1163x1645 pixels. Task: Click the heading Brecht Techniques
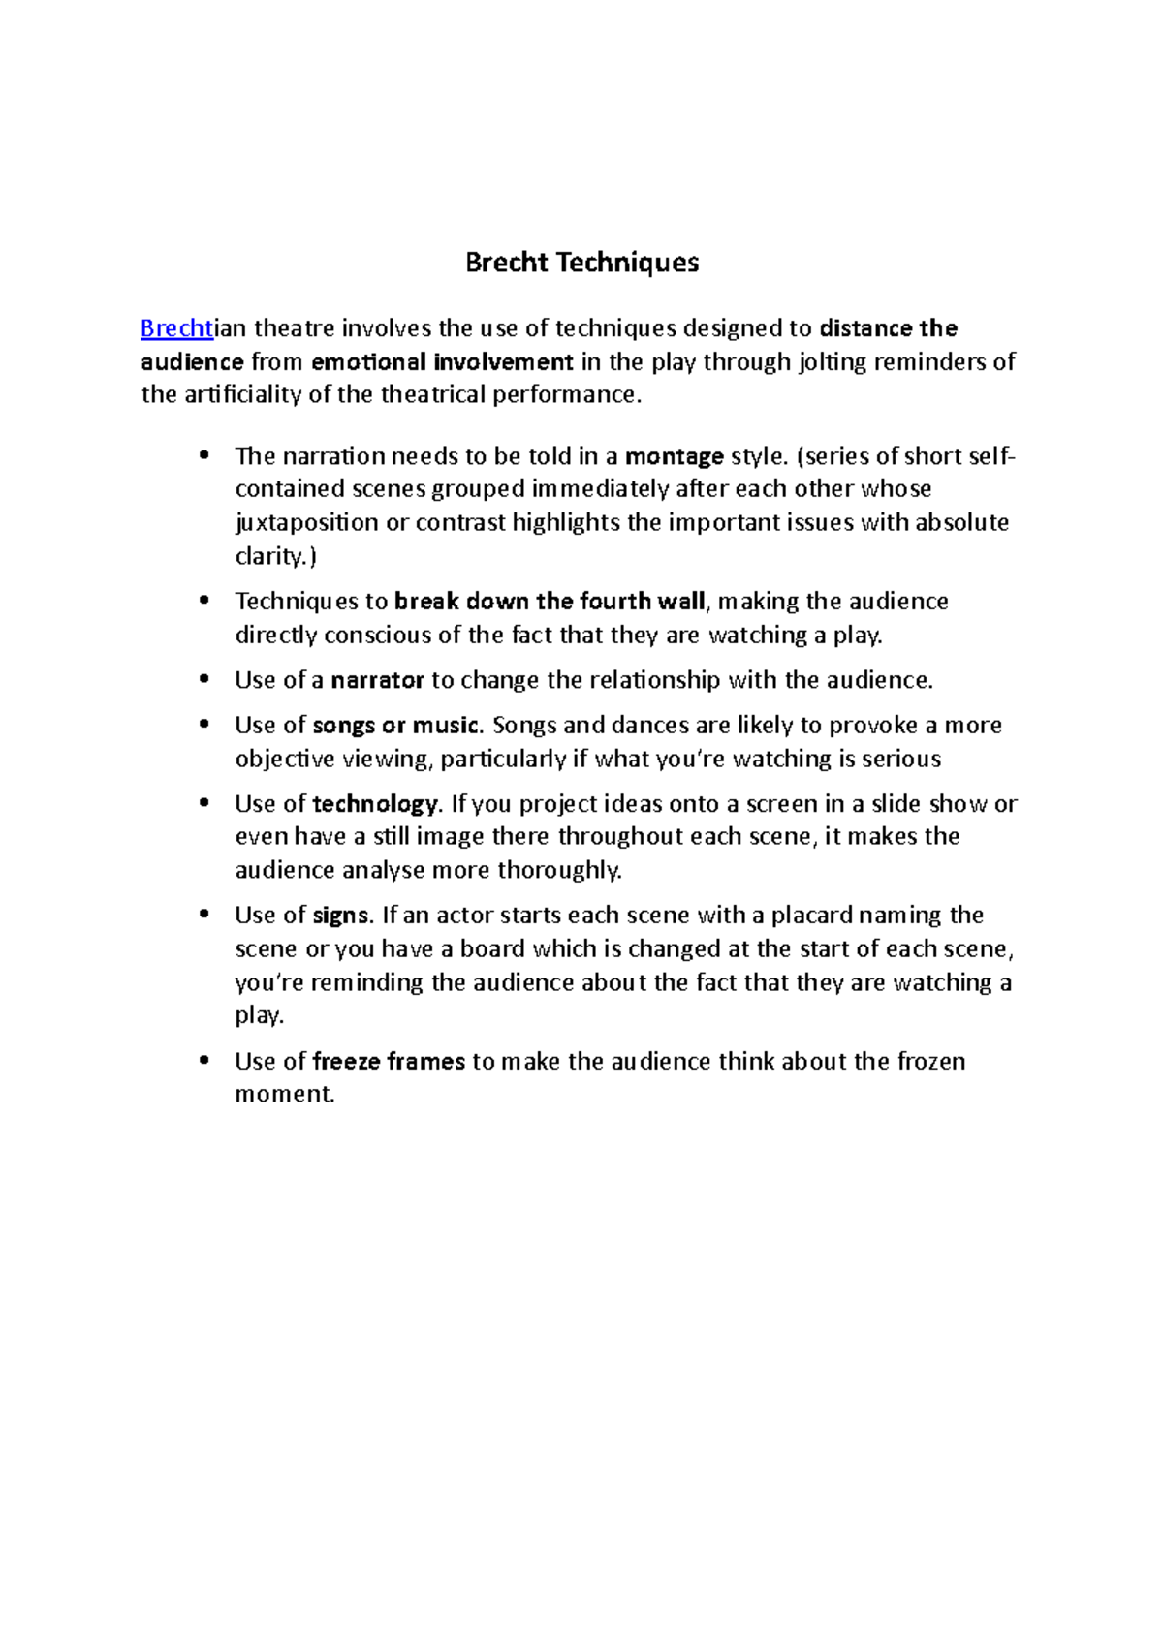click(x=581, y=263)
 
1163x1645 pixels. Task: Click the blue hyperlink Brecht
click(x=176, y=328)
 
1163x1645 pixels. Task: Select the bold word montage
click(x=675, y=456)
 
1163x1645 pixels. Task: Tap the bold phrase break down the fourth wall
click(x=550, y=602)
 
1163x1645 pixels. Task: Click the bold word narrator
click(x=377, y=680)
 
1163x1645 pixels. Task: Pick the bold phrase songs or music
click(x=396, y=726)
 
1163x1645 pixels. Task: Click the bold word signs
click(x=341, y=916)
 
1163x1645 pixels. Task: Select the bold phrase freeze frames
click(x=389, y=1062)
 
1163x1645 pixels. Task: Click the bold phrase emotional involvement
click(x=442, y=362)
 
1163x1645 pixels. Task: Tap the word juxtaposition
click(x=307, y=523)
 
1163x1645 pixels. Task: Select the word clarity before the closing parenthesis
click(x=270, y=557)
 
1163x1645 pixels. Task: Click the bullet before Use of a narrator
click(x=204, y=680)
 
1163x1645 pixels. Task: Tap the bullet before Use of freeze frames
click(x=204, y=1061)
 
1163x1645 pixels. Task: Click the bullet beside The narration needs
click(x=204, y=455)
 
